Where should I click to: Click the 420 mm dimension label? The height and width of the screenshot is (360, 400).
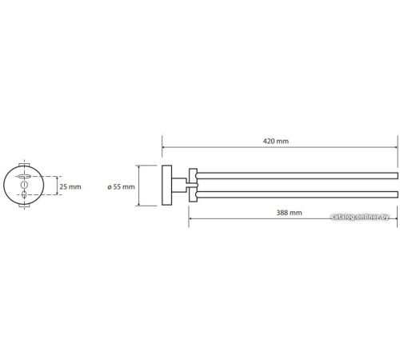click(276, 141)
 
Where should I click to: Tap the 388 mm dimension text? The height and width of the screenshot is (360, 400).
click(289, 213)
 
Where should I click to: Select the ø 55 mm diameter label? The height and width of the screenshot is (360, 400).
click(121, 186)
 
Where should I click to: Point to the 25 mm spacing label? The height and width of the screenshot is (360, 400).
click(70, 186)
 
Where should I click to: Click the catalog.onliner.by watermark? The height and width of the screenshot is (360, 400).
click(360, 217)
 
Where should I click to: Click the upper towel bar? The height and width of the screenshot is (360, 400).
click(297, 176)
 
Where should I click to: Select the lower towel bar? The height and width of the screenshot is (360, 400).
click(297, 194)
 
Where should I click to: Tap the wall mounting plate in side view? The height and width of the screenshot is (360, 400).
click(167, 186)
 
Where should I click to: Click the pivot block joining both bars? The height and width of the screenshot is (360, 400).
click(193, 185)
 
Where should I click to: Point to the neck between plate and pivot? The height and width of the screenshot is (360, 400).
click(178, 185)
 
